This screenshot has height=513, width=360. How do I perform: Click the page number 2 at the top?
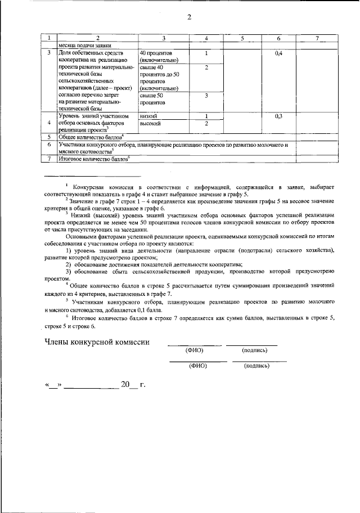click(190, 16)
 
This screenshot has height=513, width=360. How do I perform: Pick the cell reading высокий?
click(150, 123)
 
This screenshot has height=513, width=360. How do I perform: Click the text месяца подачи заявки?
click(87, 44)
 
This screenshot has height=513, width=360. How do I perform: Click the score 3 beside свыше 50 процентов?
click(206, 96)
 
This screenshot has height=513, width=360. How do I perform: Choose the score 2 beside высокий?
click(206, 123)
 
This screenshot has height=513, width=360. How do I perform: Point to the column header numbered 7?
click(317, 38)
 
